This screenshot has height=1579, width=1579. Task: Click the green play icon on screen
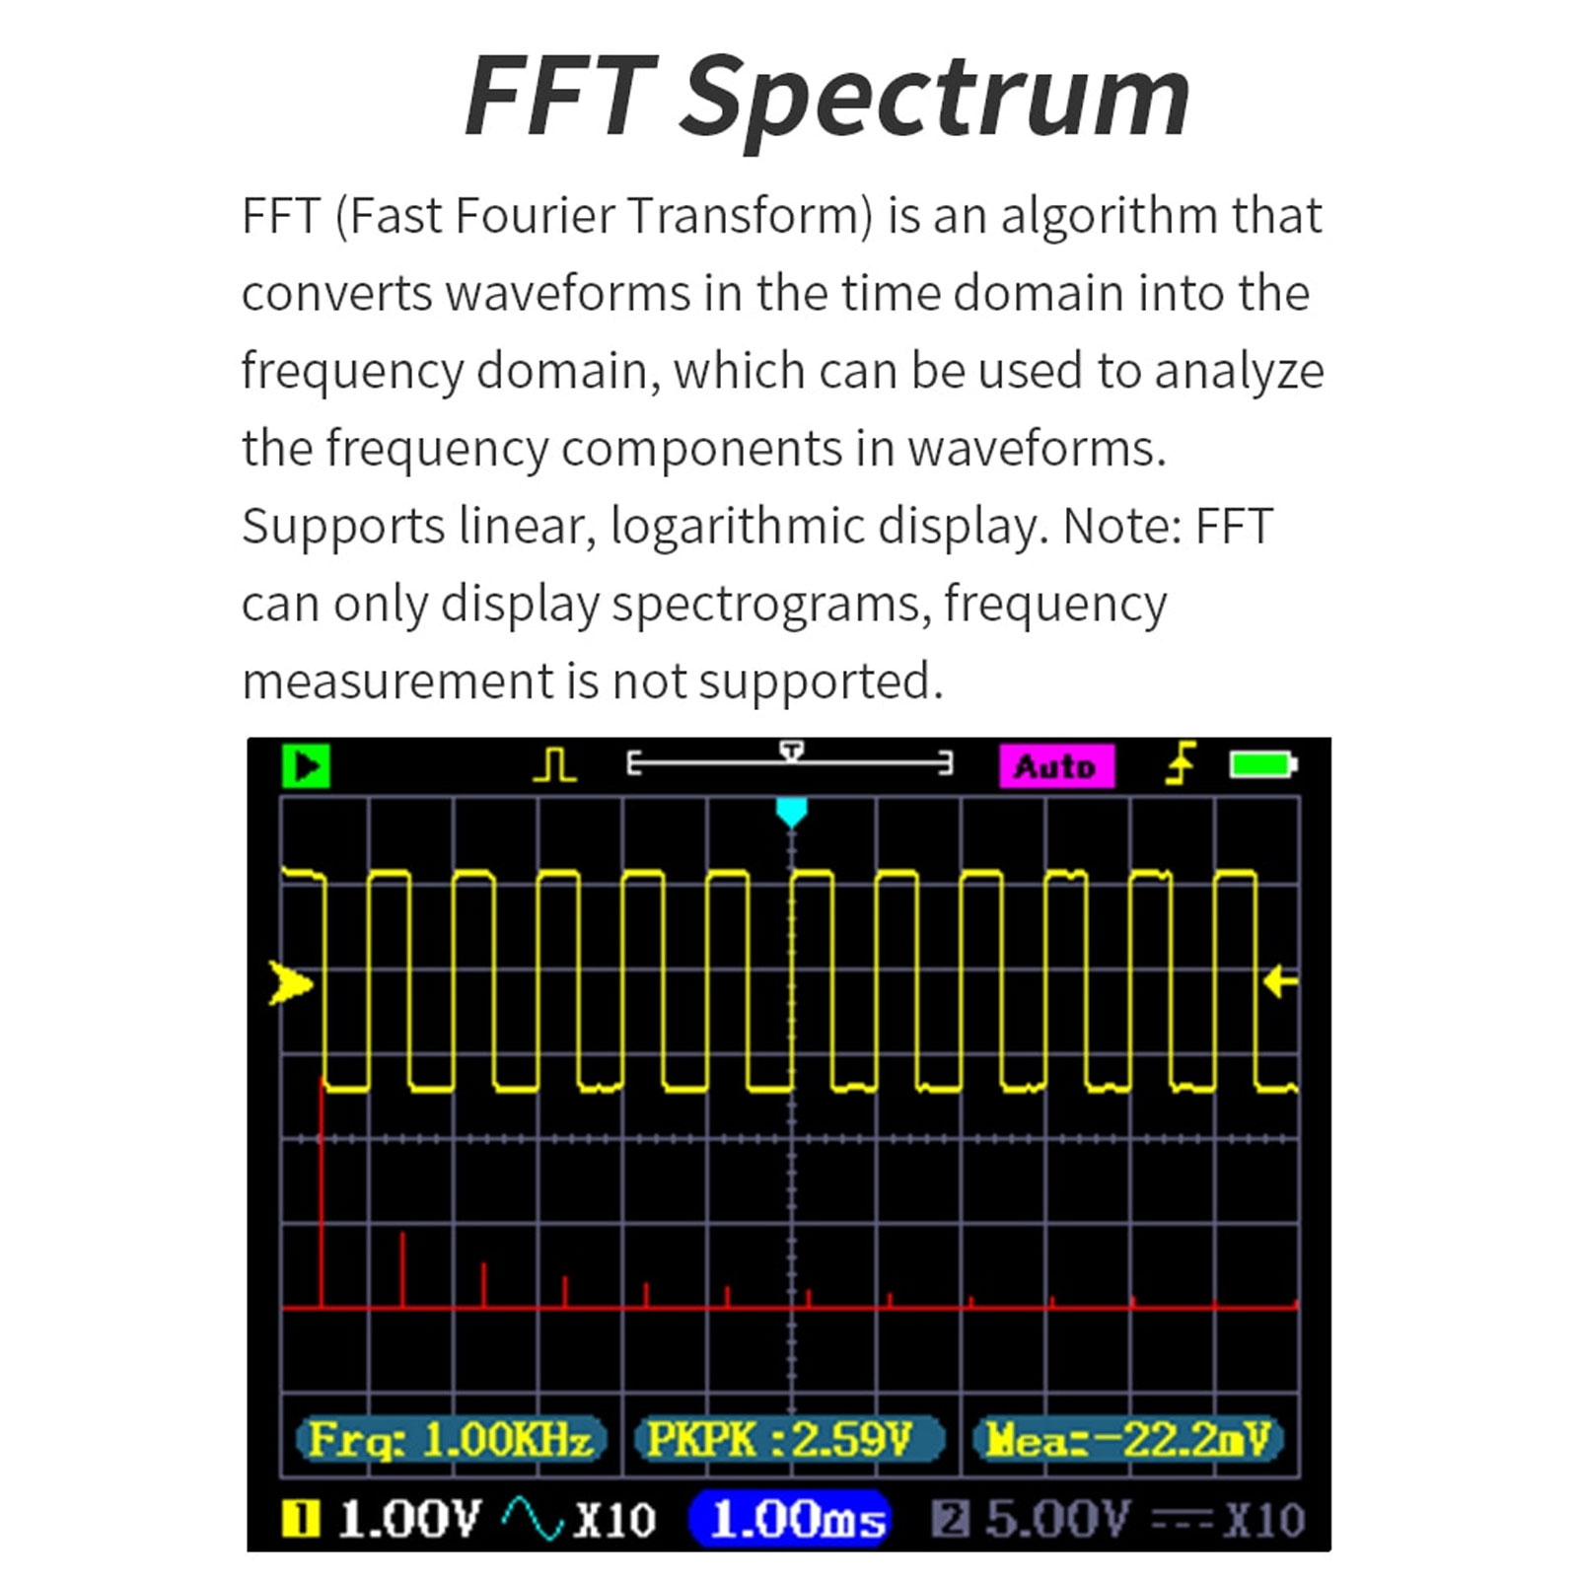306,766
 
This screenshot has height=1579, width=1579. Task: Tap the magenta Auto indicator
1055,766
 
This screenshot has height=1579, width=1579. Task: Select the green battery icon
1262,764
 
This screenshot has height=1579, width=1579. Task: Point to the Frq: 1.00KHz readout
451,1440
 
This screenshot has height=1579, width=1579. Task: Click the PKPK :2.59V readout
788,1440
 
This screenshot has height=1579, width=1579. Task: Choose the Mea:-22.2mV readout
1127,1440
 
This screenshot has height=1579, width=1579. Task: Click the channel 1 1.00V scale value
409,1520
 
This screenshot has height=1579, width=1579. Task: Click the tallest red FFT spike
322,1193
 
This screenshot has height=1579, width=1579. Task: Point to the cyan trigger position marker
791,813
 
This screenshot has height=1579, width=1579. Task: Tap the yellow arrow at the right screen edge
1280,981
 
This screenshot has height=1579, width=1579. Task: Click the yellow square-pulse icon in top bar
555,765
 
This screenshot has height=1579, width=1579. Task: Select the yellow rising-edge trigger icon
1180,764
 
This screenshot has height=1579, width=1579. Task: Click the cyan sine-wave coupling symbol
533,1519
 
